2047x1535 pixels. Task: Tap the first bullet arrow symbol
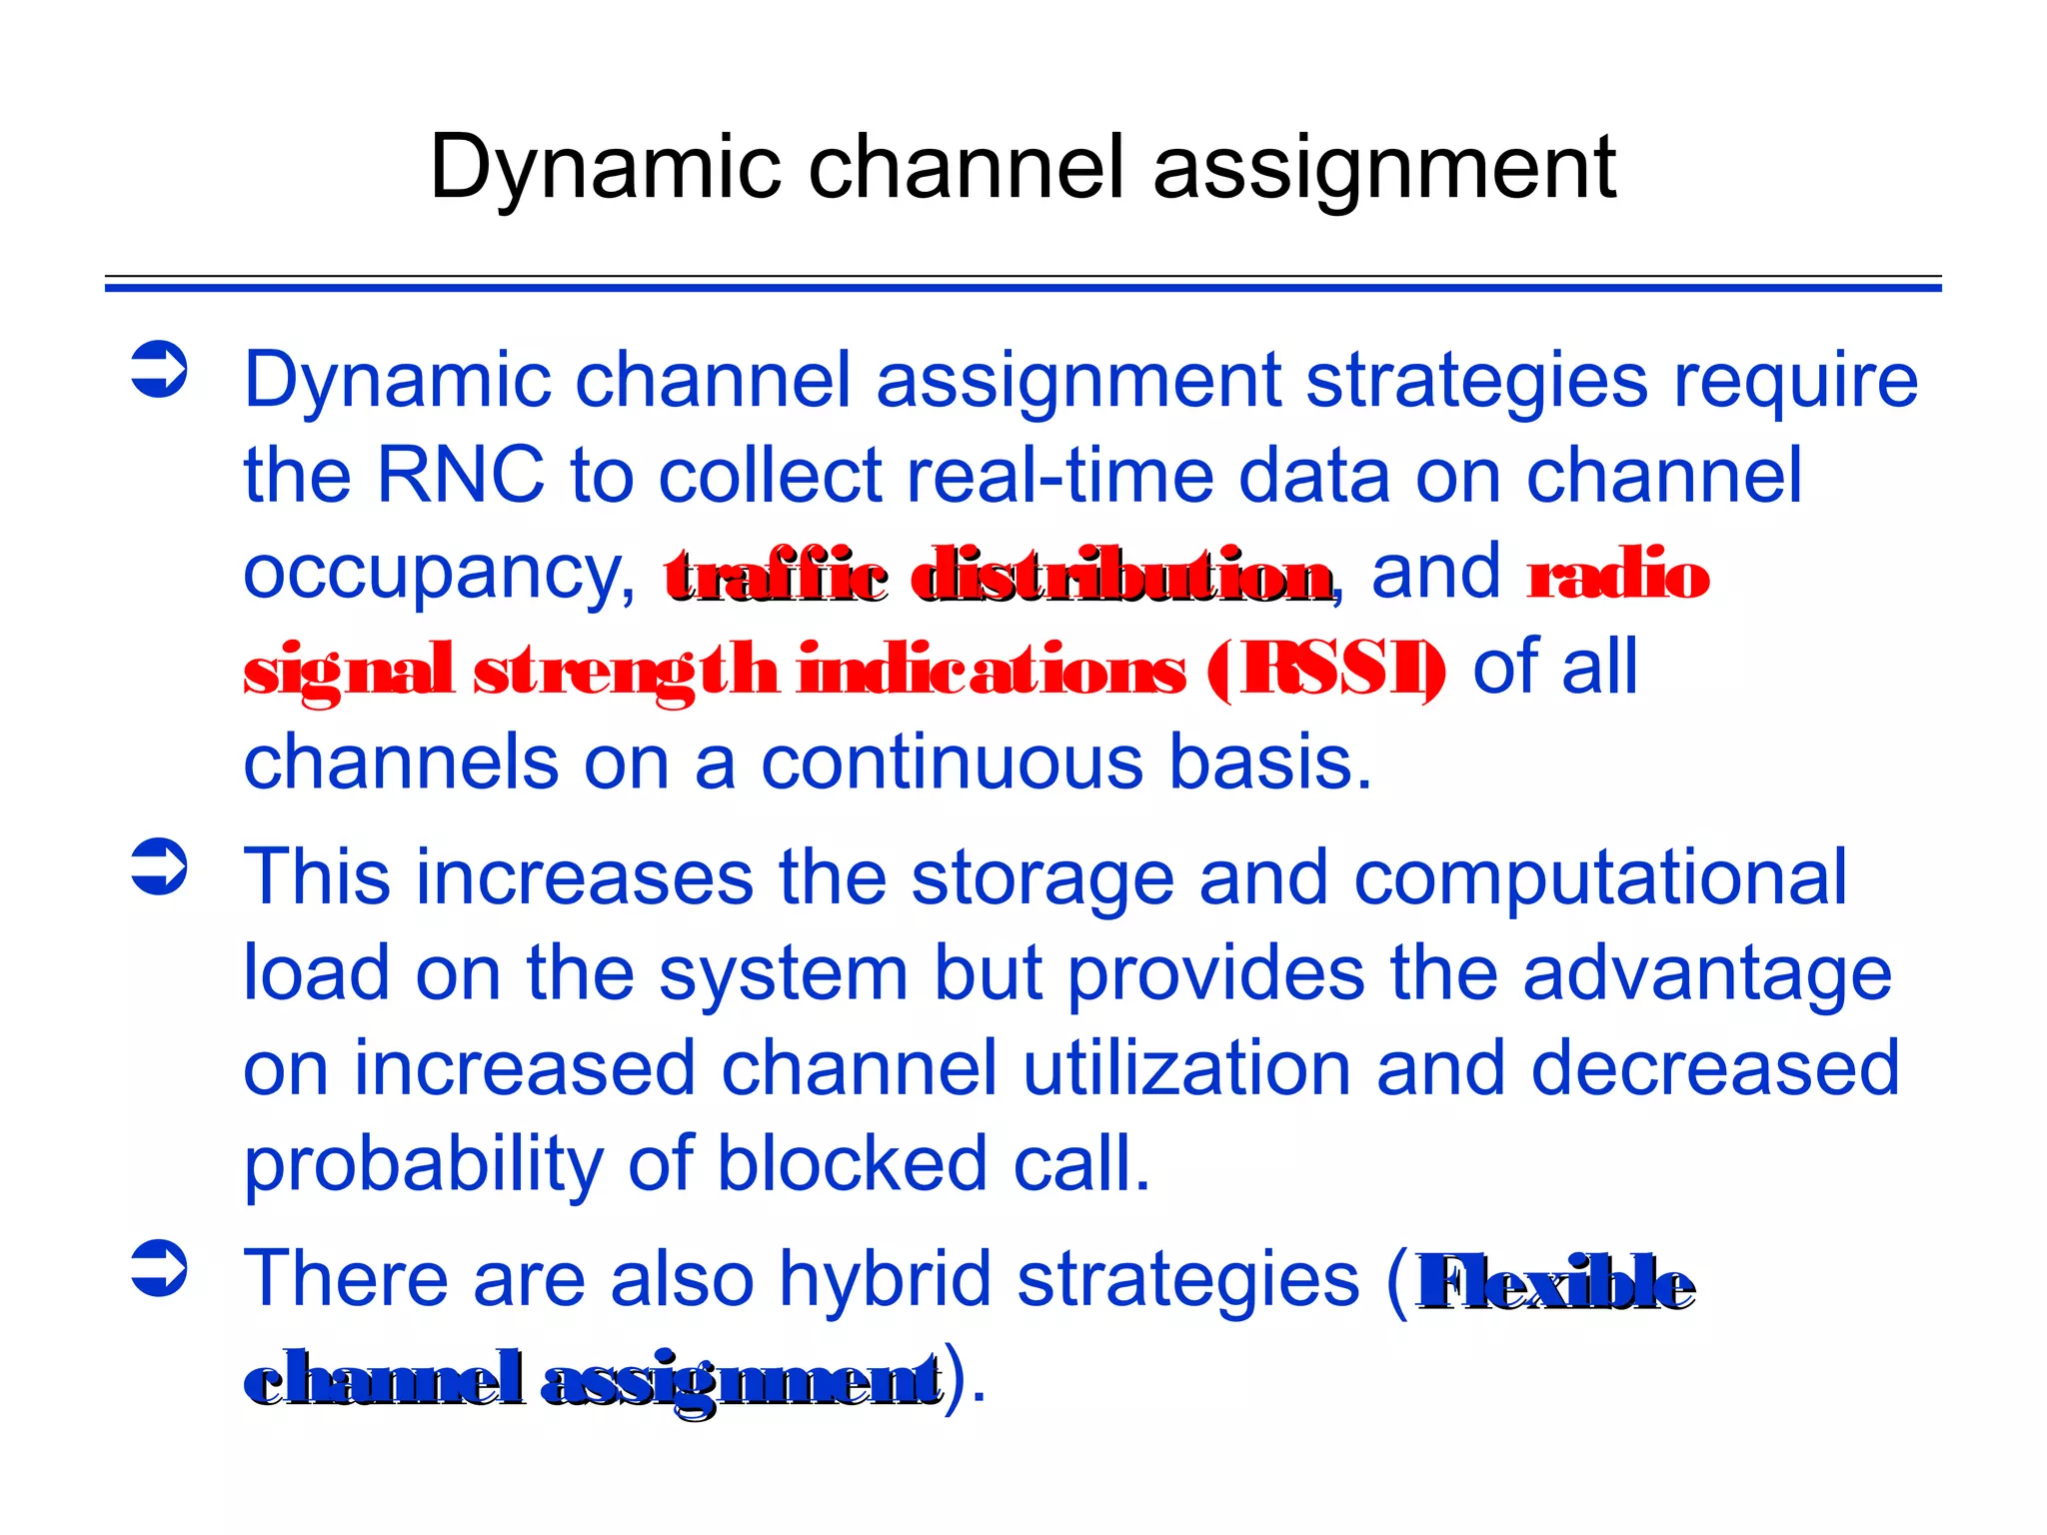coord(160,370)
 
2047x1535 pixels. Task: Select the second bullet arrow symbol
coord(160,866)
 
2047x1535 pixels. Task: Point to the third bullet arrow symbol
coord(160,1268)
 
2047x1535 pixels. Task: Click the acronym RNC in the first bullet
coord(460,475)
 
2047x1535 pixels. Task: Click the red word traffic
coord(776,577)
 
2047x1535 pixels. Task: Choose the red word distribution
coord(1123,577)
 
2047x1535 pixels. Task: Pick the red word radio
coord(1618,575)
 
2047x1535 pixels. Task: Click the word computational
coord(1599,877)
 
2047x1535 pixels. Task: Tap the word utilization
coord(1185,1068)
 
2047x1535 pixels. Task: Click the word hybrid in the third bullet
coord(889,1279)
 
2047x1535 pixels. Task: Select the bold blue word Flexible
coord(1555,1281)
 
